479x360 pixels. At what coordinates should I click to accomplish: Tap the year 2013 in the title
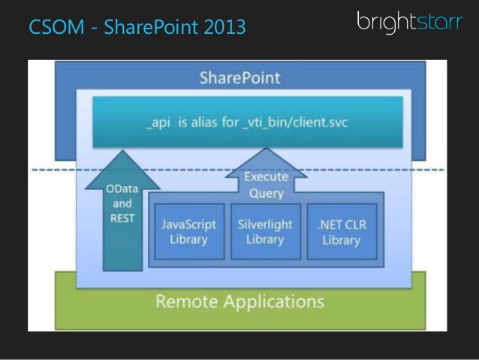pos(224,29)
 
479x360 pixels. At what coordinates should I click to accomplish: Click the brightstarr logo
pos(409,23)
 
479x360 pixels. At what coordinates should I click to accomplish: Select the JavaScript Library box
pos(188,231)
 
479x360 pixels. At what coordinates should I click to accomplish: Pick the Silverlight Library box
pos(265,231)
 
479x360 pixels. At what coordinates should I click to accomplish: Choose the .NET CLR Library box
pos(341,231)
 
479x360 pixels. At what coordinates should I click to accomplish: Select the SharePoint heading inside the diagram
pos(239,78)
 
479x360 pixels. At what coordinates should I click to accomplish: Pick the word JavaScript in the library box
pos(188,224)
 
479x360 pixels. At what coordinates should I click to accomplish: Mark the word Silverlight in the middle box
pos(265,224)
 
